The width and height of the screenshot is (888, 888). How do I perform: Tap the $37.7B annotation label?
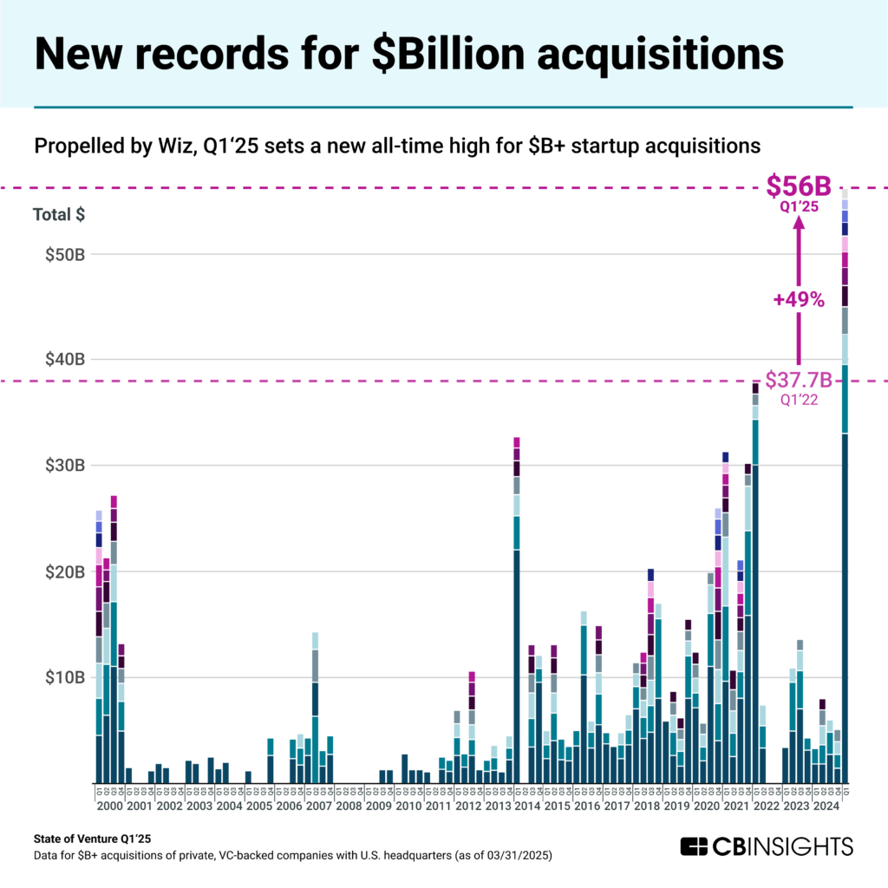pos(798,381)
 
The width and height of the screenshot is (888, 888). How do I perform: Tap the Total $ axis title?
pos(59,216)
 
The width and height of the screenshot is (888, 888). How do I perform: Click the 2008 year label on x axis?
pos(349,806)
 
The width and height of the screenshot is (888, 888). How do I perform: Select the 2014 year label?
pos(528,806)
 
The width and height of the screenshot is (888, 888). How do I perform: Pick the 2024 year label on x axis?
pos(826,806)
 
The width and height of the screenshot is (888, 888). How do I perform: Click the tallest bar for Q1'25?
pos(845,520)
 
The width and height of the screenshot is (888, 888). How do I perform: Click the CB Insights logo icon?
pos(694,846)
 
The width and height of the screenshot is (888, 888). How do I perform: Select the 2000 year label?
pos(110,806)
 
